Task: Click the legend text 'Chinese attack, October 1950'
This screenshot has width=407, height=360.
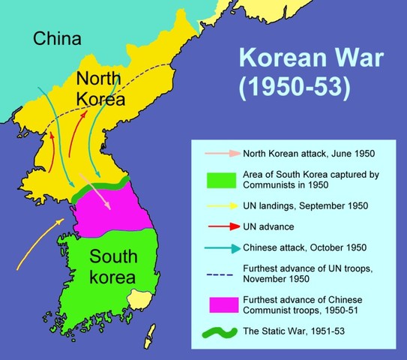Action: click(304, 247)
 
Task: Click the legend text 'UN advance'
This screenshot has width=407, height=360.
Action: click(268, 226)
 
